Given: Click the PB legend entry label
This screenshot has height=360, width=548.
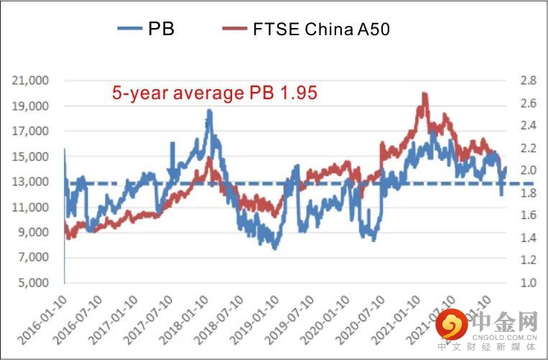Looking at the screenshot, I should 161,29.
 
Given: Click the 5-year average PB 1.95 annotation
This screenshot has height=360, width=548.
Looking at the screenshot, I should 215,93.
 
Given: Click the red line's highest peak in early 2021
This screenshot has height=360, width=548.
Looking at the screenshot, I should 424,93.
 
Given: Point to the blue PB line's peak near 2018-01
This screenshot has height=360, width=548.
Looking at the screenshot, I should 209,111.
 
